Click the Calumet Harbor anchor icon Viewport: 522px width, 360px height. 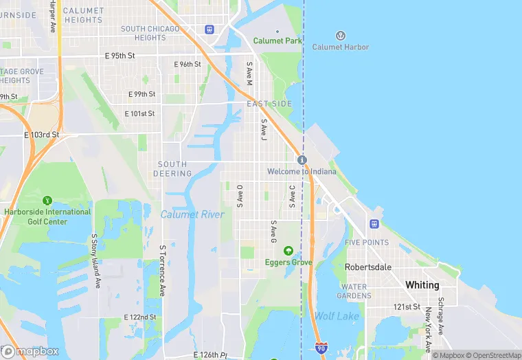(x=340, y=35)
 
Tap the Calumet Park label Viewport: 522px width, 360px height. (x=277, y=41)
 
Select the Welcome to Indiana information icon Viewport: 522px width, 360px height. (x=302, y=159)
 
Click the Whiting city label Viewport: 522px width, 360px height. (x=422, y=284)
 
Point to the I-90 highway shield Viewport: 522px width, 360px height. (x=321, y=348)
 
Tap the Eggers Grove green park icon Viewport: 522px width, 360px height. (x=288, y=250)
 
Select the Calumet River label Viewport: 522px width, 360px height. (x=192, y=214)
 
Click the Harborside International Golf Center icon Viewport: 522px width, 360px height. (x=47, y=201)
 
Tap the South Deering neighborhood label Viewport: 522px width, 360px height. (x=172, y=169)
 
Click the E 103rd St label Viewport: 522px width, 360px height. (x=42, y=135)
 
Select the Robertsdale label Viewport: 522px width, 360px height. (x=367, y=267)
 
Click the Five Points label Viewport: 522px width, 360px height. (x=367, y=243)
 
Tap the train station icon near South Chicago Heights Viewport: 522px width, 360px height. (x=209, y=30)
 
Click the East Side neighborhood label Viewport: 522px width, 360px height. (x=269, y=104)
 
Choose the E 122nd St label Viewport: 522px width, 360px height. (x=140, y=317)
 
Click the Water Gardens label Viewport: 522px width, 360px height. (x=356, y=291)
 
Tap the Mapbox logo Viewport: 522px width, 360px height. (x=30, y=351)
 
